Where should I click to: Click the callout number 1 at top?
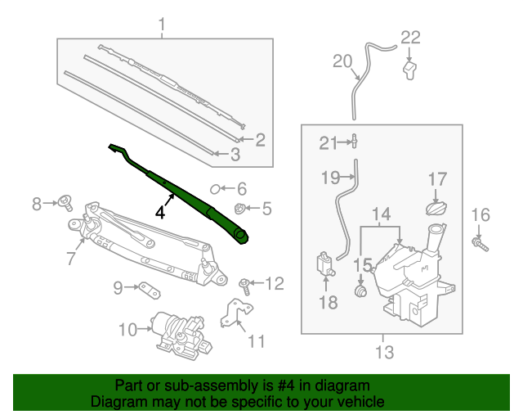pyautogui.click(x=162, y=25)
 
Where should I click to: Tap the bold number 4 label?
pyautogui.click(x=161, y=212)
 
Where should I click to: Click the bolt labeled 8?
pyautogui.click(x=66, y=202)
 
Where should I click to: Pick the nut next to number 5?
pyautogui.click(x=240, y=208)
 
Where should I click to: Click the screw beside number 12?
pyautogui.click(x=244, y=285)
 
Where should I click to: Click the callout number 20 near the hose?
pyautogui.click(x=342, y=61)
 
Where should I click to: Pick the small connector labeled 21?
pyautogui.click(x=355, y=142)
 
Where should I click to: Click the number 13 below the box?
pyautogui.click(x=384, y=353)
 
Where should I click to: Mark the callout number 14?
pyautogui.click(x=382, y=215)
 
